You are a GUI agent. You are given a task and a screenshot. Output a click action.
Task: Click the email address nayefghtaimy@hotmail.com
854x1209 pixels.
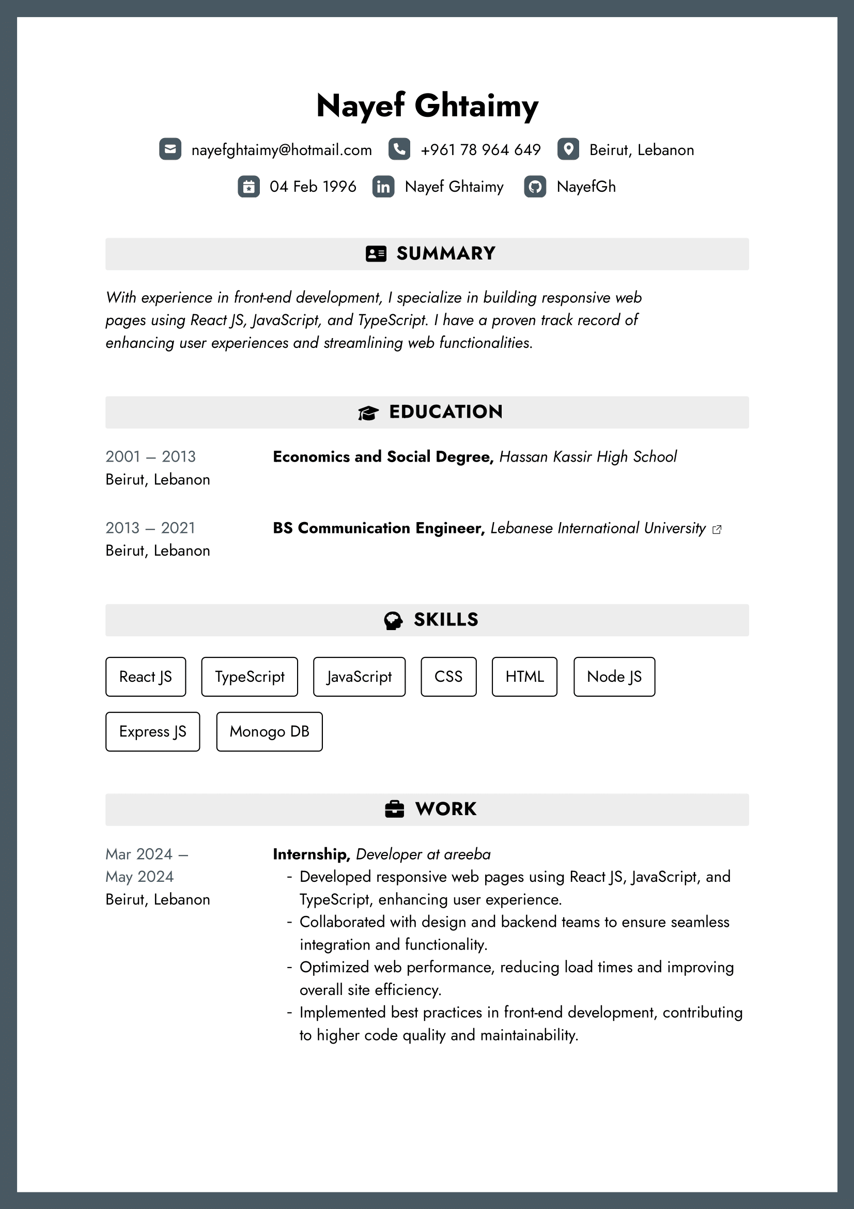coord(282,150)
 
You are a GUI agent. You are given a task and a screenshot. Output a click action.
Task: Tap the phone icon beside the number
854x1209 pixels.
coord(399,149)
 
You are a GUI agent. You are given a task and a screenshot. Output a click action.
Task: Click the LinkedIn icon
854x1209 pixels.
coord(383,187)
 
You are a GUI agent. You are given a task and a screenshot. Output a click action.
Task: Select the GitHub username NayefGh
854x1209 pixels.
coord(586,187)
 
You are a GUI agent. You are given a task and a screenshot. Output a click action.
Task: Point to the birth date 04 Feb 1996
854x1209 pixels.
coord(313,187)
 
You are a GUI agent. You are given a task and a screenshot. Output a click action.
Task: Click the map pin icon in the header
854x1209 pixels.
coord(568,149)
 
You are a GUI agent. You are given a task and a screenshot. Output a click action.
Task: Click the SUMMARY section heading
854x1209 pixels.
coord(445,254)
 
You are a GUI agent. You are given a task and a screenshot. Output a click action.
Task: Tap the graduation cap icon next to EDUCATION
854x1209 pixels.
coord(368,413)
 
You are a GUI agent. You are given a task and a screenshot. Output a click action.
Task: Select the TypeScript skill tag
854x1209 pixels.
coord(250,677)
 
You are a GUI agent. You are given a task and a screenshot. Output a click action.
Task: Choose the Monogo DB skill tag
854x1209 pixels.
coord(269,731)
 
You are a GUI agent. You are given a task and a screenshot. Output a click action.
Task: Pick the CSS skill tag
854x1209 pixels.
coord(448,677)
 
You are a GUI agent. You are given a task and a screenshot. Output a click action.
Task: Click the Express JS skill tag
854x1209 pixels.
coord(152,731)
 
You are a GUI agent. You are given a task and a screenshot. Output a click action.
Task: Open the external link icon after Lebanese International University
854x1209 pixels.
coord(717,529)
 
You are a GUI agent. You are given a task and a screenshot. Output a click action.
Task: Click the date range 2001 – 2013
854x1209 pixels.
coord(150,456)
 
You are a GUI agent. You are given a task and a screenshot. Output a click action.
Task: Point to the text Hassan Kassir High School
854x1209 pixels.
coord(588,456)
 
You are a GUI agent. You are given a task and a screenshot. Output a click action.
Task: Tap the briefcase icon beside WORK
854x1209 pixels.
coord(395,809)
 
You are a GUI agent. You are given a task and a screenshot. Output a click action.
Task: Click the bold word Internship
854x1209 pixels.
coord(311,854)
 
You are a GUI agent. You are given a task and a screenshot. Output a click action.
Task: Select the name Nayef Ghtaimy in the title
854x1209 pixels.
coord(427,105)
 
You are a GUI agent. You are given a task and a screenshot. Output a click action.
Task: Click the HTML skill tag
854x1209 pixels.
coord(524,677)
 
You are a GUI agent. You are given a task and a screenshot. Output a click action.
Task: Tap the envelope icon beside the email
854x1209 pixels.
coord(170,149)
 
